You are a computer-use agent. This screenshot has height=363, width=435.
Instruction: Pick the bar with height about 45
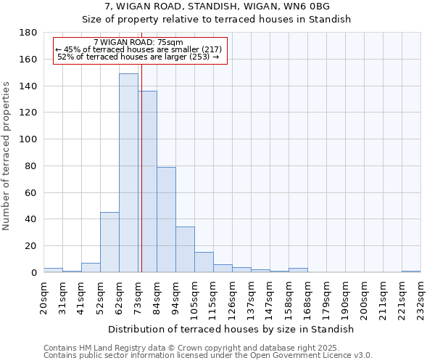109,242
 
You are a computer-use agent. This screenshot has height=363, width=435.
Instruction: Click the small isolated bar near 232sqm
411,272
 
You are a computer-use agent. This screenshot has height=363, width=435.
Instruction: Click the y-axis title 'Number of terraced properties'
7,156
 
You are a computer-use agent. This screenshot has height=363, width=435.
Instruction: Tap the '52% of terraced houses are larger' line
138,57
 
